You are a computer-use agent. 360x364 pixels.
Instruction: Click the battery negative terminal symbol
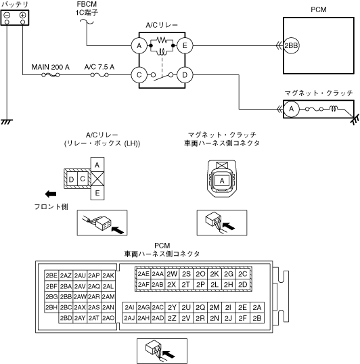[x=7, y=16]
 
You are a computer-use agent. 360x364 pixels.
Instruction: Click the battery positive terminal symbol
[x=22, y=16]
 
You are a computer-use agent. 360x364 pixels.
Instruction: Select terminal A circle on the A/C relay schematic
[x=139, y=46]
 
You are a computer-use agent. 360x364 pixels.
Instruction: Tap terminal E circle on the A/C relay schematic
[x=185, y=46]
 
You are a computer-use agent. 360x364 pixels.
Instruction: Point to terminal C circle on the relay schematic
[x=139, y=75]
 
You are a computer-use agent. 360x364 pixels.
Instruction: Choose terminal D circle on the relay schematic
[x=185, y=75]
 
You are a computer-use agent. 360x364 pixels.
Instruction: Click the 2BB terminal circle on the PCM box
[x=291, y=46]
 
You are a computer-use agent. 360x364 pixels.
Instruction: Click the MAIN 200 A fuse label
[x=50, y=67]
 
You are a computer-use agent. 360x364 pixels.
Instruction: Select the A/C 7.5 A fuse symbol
[x=99, y=75]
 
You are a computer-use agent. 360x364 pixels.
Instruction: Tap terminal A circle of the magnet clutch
[x=291, y=109]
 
